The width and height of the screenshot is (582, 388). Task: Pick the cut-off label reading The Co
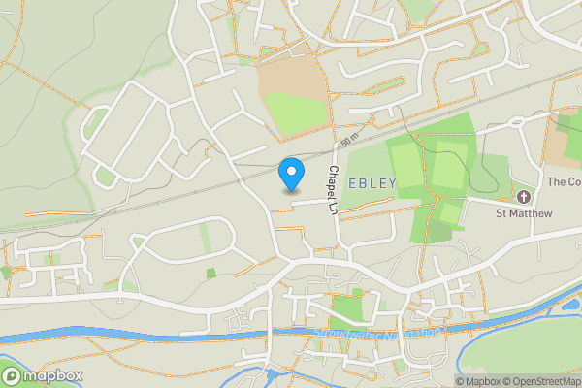click(564, 181)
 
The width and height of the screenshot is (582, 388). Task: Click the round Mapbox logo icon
click(12, 375)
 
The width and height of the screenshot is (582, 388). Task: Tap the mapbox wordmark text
click(52, 375)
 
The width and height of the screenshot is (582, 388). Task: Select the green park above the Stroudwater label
click(345, 311)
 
